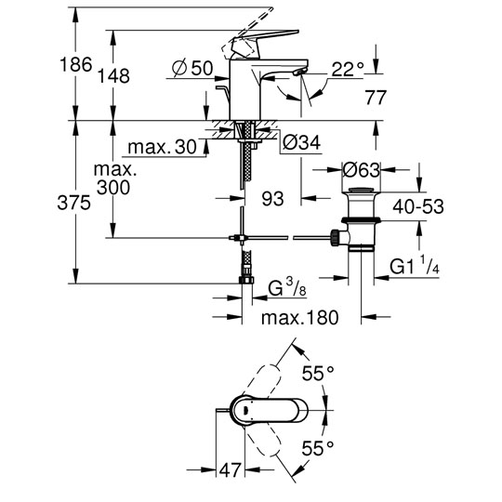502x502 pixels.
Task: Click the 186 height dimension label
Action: point(76,64)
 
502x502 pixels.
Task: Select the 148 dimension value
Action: point(113,76)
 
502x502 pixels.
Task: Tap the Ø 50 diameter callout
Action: point(192,68)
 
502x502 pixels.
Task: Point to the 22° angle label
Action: point(348,69)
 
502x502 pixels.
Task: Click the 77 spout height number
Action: point(376,98)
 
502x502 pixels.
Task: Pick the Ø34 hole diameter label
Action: point(301,142)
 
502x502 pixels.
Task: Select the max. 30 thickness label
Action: point(162,147)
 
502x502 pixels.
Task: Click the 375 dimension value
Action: point(73,203)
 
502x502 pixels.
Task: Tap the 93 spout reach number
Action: point(272,199)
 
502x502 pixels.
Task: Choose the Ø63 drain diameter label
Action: point(361,170)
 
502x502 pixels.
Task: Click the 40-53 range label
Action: point(418,206)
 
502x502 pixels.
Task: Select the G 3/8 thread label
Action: point(287,287)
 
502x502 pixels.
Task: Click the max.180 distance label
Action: point(299,318)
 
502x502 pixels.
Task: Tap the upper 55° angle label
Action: point(318,374)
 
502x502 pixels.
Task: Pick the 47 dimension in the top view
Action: point(230,470)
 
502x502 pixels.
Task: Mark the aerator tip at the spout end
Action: point(298,73)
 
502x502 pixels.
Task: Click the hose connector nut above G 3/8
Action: point(246,280)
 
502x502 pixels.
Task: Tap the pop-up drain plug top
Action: point(361,190)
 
